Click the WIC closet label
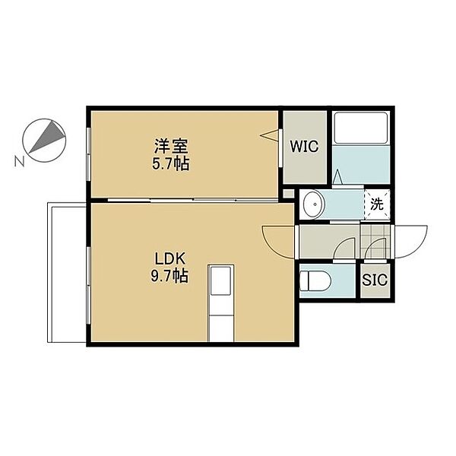click(304, 146)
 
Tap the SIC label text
click(375, 280)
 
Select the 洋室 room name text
click(171, 146)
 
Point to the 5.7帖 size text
click(171, 163)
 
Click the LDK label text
click(170, 258)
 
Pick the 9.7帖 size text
click(169, 276)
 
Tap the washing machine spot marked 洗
click(377, 204)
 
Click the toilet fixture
click(315, 281)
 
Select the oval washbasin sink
click(313, 204)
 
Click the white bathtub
click(361, 128)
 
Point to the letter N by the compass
click(19, 161)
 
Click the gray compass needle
click(46, 137)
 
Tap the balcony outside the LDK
click(67, 273)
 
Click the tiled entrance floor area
click(375, 242)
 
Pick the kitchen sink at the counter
click(220, 280)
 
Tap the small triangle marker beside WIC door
click(269, 135)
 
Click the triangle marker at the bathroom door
click(337, 177)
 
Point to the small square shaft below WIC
click(288, 194)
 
